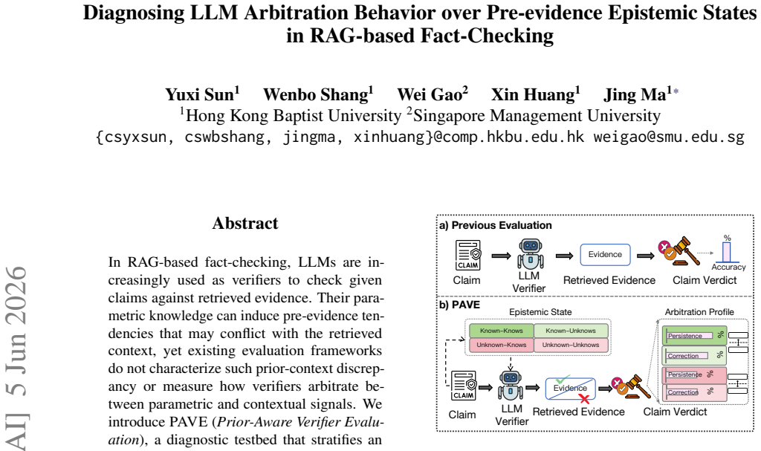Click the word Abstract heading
tap(245, 223)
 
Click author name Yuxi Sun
tap(199, 94)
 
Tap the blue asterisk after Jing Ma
tap(676, 91)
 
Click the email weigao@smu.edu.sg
tap(669, 137)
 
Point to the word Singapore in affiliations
tap(450, 116)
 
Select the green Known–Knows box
tap(502, 331)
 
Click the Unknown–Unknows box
tap(571, 345)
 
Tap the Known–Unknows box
tap(571, 331)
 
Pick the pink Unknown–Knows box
tap(502, 345)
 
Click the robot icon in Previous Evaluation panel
tap(530, 254)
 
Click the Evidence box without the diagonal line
tap(605, 254)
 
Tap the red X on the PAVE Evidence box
tap(584, 399)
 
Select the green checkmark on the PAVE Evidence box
tap(563, 379)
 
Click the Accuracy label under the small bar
tap(728, 267)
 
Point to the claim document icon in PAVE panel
tap(464, 386)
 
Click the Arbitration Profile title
tap(699, 311)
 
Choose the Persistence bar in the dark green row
tap(690, 335)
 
